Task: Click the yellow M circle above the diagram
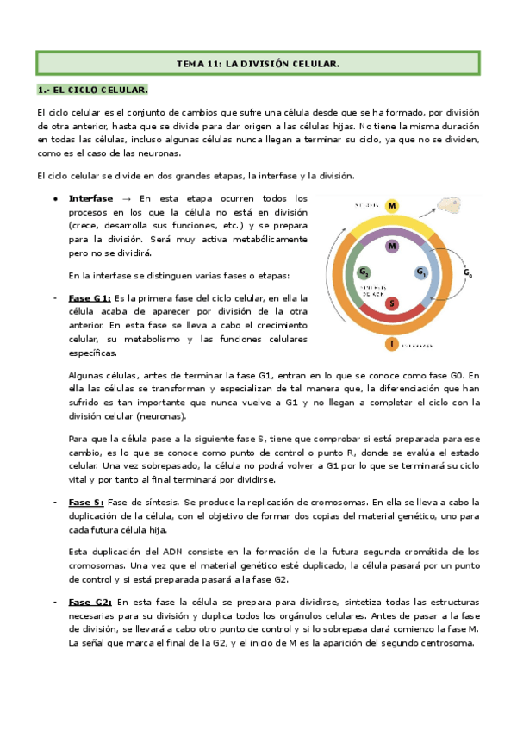392,206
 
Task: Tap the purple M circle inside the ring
392,247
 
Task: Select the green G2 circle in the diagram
363,272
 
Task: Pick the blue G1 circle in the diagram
421,272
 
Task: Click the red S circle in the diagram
392,303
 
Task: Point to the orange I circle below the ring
392,344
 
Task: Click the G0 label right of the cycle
469,273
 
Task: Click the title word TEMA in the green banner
192,65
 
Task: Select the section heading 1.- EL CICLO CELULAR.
94,90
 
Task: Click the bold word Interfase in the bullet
90,198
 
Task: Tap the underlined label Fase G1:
90,297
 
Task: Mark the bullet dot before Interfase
55,198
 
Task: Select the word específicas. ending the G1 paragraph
93,353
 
